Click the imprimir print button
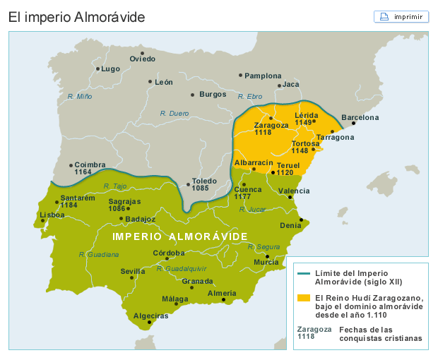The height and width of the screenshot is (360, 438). tap(401, 16)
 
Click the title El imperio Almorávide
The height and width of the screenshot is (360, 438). tap(76, 17)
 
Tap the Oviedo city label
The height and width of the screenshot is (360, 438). tap(143, 59)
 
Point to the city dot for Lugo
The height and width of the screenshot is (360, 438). tap(97, 68)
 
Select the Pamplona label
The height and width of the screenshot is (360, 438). tap(264, 76)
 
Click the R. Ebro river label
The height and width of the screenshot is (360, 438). tap(250, 96)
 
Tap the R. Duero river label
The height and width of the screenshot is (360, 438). tap(174, 113)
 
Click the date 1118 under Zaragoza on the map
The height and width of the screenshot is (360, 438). tap(263, 133)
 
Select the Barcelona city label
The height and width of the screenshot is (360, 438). tap(360, 118)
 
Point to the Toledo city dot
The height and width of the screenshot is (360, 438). tap(188, 185)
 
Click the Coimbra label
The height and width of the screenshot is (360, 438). tap(90, 164)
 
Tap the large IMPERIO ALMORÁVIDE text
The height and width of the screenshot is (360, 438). tap(180, 236)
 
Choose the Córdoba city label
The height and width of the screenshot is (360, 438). tap(170, 253)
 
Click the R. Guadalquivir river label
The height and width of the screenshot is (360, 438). tap(182, 268)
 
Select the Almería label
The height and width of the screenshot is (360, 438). tap(222, 293)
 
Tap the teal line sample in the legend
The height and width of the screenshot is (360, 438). tap(304, 273)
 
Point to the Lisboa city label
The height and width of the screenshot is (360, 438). tap(53, 215)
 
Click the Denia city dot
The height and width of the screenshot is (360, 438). tap(301, 220)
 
